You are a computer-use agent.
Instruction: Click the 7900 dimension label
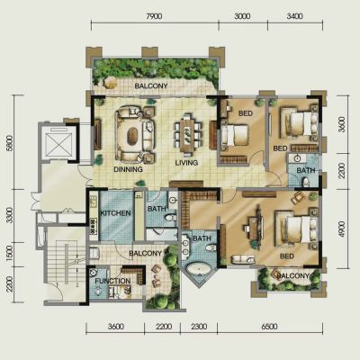pyautogui.click(x=154, y=16)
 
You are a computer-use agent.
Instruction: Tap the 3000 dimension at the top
pyautogui.click(x=242, y=16)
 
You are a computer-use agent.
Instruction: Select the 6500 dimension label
pyautogui.click(x=269, y=326)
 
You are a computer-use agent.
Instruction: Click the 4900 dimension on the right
pyautogui.click(x=342, y=229)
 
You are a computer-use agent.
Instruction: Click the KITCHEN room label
pyautogui.click(x=115, y=213)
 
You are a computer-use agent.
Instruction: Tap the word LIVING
pyautogui.click(x=186, y=163)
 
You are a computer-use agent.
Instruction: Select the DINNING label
pyautogui.click(x=128, y=169)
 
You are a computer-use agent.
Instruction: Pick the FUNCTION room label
pyautogui.click(x=112, y=281)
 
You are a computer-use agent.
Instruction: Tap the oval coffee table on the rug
pyautogui.click(x=132, y=136)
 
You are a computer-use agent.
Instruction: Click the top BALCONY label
pyautogui.click(x=151, y=86)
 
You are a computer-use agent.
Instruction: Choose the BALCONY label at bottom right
pyautogui.click(x=292, y=275)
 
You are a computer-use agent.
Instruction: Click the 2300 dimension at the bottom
pyautogui.click(x=199, y=326)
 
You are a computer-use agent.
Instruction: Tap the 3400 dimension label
pyautogui.click(x=294, y=16)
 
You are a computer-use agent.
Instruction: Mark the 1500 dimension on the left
pyautogui.click(x=10, y=254)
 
